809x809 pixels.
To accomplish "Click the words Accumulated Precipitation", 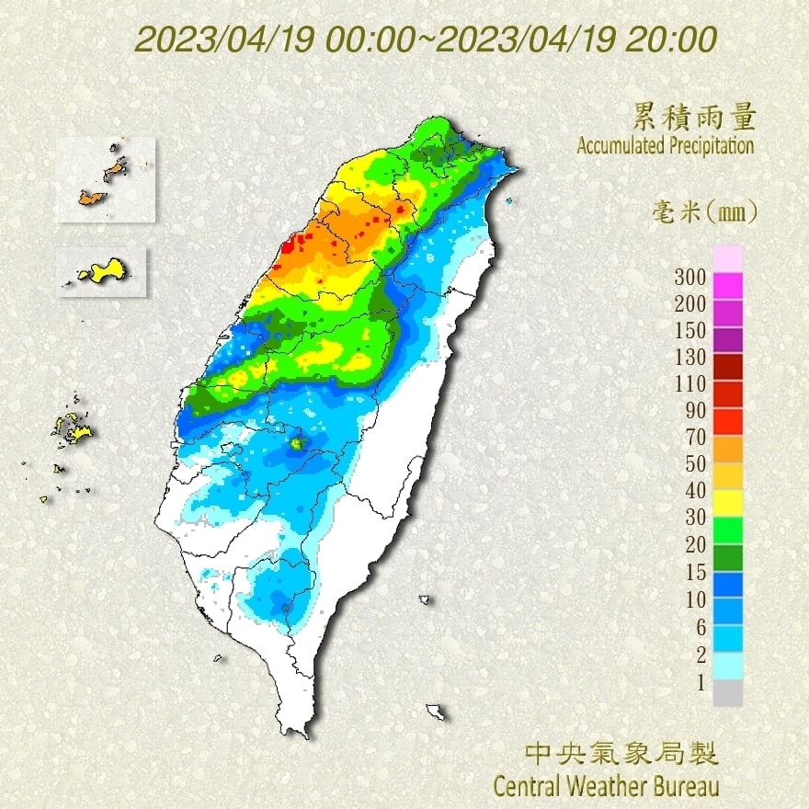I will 666,145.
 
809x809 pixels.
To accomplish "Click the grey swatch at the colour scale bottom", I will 727,692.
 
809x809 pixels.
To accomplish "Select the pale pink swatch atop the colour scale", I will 727,258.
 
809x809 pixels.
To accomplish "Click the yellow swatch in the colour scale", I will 727,502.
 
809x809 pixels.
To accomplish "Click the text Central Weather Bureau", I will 606,787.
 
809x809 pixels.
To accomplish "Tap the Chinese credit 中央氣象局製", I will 621,755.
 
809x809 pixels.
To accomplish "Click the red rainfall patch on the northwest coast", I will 292,243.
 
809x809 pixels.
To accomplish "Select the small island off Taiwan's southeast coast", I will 436,711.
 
